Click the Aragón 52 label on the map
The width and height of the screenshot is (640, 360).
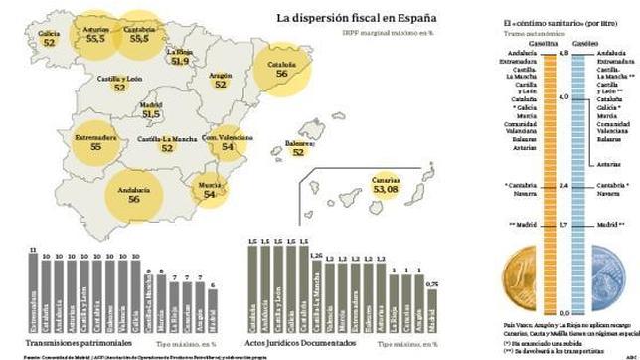click(222, 80)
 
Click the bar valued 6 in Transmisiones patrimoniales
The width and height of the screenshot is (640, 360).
click(211, 312)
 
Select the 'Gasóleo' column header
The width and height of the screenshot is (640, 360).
click(584, 45)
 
